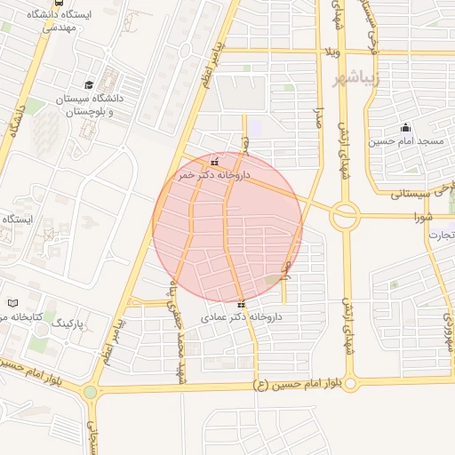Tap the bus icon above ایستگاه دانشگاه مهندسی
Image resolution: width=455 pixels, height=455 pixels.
(59, 3)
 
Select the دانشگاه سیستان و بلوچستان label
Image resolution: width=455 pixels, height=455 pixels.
(90, 105)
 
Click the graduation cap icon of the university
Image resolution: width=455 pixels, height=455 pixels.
(89, 83)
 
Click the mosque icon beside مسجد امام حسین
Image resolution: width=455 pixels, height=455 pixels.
(406, 126)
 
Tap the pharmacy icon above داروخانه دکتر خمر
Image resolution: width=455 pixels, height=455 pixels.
(214, 162)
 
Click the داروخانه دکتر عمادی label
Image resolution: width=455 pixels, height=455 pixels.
(241, 316)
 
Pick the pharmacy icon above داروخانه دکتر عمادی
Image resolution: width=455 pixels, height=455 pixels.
(241, 303)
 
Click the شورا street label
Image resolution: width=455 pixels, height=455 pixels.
(423, 216)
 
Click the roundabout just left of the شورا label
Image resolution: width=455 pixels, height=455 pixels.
(346, 213)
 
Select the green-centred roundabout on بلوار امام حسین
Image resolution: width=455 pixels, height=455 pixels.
(90, 391)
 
